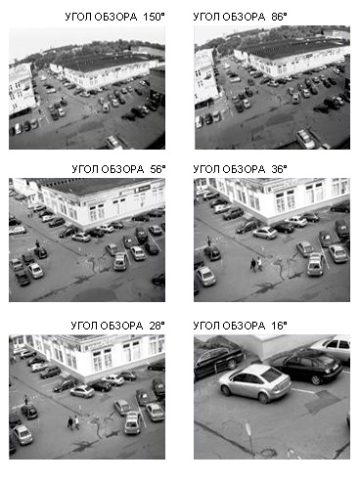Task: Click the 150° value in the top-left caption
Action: pyautogui.click(x=154, y=17)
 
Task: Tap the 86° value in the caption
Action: pyautogui.click(x=279, y=17)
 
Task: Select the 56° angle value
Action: pyautogui.click(x=157, y=169)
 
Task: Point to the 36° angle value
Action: pyautogui.click(x=279, y=169)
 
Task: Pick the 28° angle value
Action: pyautogui.click(x=157, y=326)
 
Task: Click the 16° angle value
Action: pyautogui.click(x=279, y=326)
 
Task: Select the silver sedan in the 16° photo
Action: pyautogui.click(x=254, y=383)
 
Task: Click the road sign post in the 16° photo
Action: pyautogui.click(x=249, y=438)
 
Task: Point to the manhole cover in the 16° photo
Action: pyautogui.click(x=269, y=453)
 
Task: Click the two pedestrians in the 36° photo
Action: pyautogui.click(x=256, y=264)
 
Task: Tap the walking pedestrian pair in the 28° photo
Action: pyautogui.click(x=73, y=422)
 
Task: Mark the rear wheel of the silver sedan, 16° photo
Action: pyautogui.click(x=264, y=398)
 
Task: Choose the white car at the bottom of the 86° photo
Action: pyautogui.click(x=305, y=139)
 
